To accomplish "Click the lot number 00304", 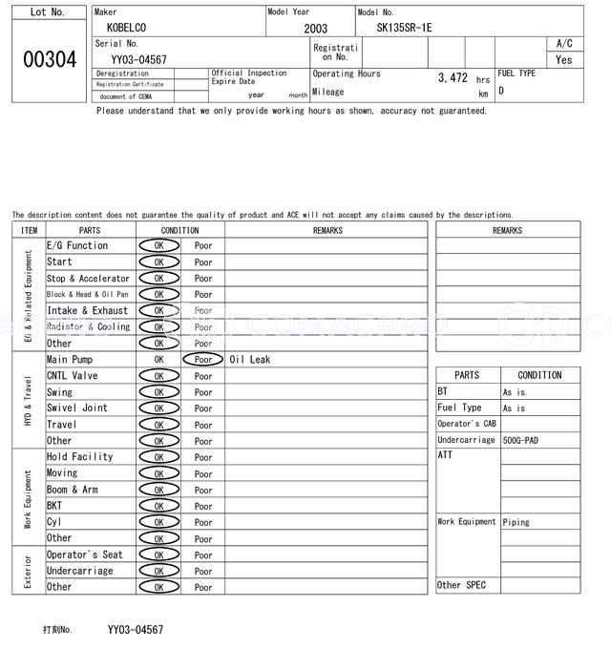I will click(x=49, y=59).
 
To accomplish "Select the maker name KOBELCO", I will click(x=127, y=28).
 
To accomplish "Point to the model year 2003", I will click(x=315, y=29).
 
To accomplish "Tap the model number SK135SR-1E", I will click(x=404, y=28).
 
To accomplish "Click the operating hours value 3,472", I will click(x=453, y=77).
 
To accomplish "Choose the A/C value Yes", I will click(x=564, y=59).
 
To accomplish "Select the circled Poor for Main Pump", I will click(x=202, y=360).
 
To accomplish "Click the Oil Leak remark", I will click(x=250, y=360).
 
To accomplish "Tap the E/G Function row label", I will click(x=77, y=245).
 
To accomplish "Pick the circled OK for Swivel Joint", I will click(x=158, y=408).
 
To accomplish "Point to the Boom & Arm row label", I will click(x=73, y=490).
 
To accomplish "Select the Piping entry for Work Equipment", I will click(x=516, y=522).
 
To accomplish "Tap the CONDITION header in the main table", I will click(x=179, y=230).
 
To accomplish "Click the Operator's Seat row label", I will click(x=85, y=555).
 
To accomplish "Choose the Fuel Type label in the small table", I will click(x=459, y=408).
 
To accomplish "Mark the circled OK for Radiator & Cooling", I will click(x=158, y=327).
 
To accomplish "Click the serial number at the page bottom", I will click(x=135, y=630).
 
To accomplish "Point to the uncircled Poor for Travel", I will click(x=203, y=425).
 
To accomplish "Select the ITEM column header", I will click(x=29, y=230).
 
